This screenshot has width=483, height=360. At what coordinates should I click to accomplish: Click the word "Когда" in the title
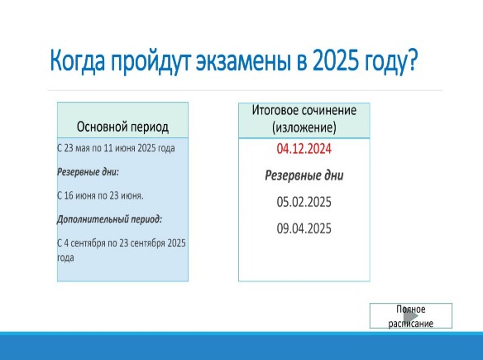(x=77, y=60)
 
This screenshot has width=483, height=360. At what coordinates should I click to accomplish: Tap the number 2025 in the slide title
(x=336, y=60)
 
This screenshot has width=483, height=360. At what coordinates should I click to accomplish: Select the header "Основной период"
(x=122, y=127)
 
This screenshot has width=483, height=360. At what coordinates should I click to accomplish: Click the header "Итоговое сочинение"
(x=304, y=110)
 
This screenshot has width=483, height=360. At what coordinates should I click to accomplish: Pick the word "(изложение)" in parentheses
(x=304, y=127)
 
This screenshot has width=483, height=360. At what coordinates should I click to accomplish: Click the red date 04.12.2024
(x=304, y=149)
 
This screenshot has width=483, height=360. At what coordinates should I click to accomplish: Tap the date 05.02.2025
(x=304, y=202)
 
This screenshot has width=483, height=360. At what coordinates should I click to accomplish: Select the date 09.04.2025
(x=304, y=228)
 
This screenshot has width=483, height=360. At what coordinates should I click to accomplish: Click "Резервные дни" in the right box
(x=304, y=175)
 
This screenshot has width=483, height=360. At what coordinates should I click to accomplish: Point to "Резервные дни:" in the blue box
(x=88, y=171)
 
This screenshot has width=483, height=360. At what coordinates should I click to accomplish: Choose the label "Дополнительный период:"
(x=109, y=219)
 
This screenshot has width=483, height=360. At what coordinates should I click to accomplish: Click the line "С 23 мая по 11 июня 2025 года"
(x=116, y=148)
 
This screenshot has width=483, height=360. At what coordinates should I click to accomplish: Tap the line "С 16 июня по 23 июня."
(x=100, y=195)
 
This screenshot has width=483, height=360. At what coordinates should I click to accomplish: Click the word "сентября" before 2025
(x=147, y=243)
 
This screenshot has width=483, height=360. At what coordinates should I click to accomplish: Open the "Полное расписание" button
(x=411, y=315)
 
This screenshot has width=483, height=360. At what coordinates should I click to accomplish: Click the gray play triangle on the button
(x=411, y=315)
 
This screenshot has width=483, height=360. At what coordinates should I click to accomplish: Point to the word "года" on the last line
(x=65, y=257)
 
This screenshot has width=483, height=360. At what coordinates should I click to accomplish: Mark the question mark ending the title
(x=412, y=60)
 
